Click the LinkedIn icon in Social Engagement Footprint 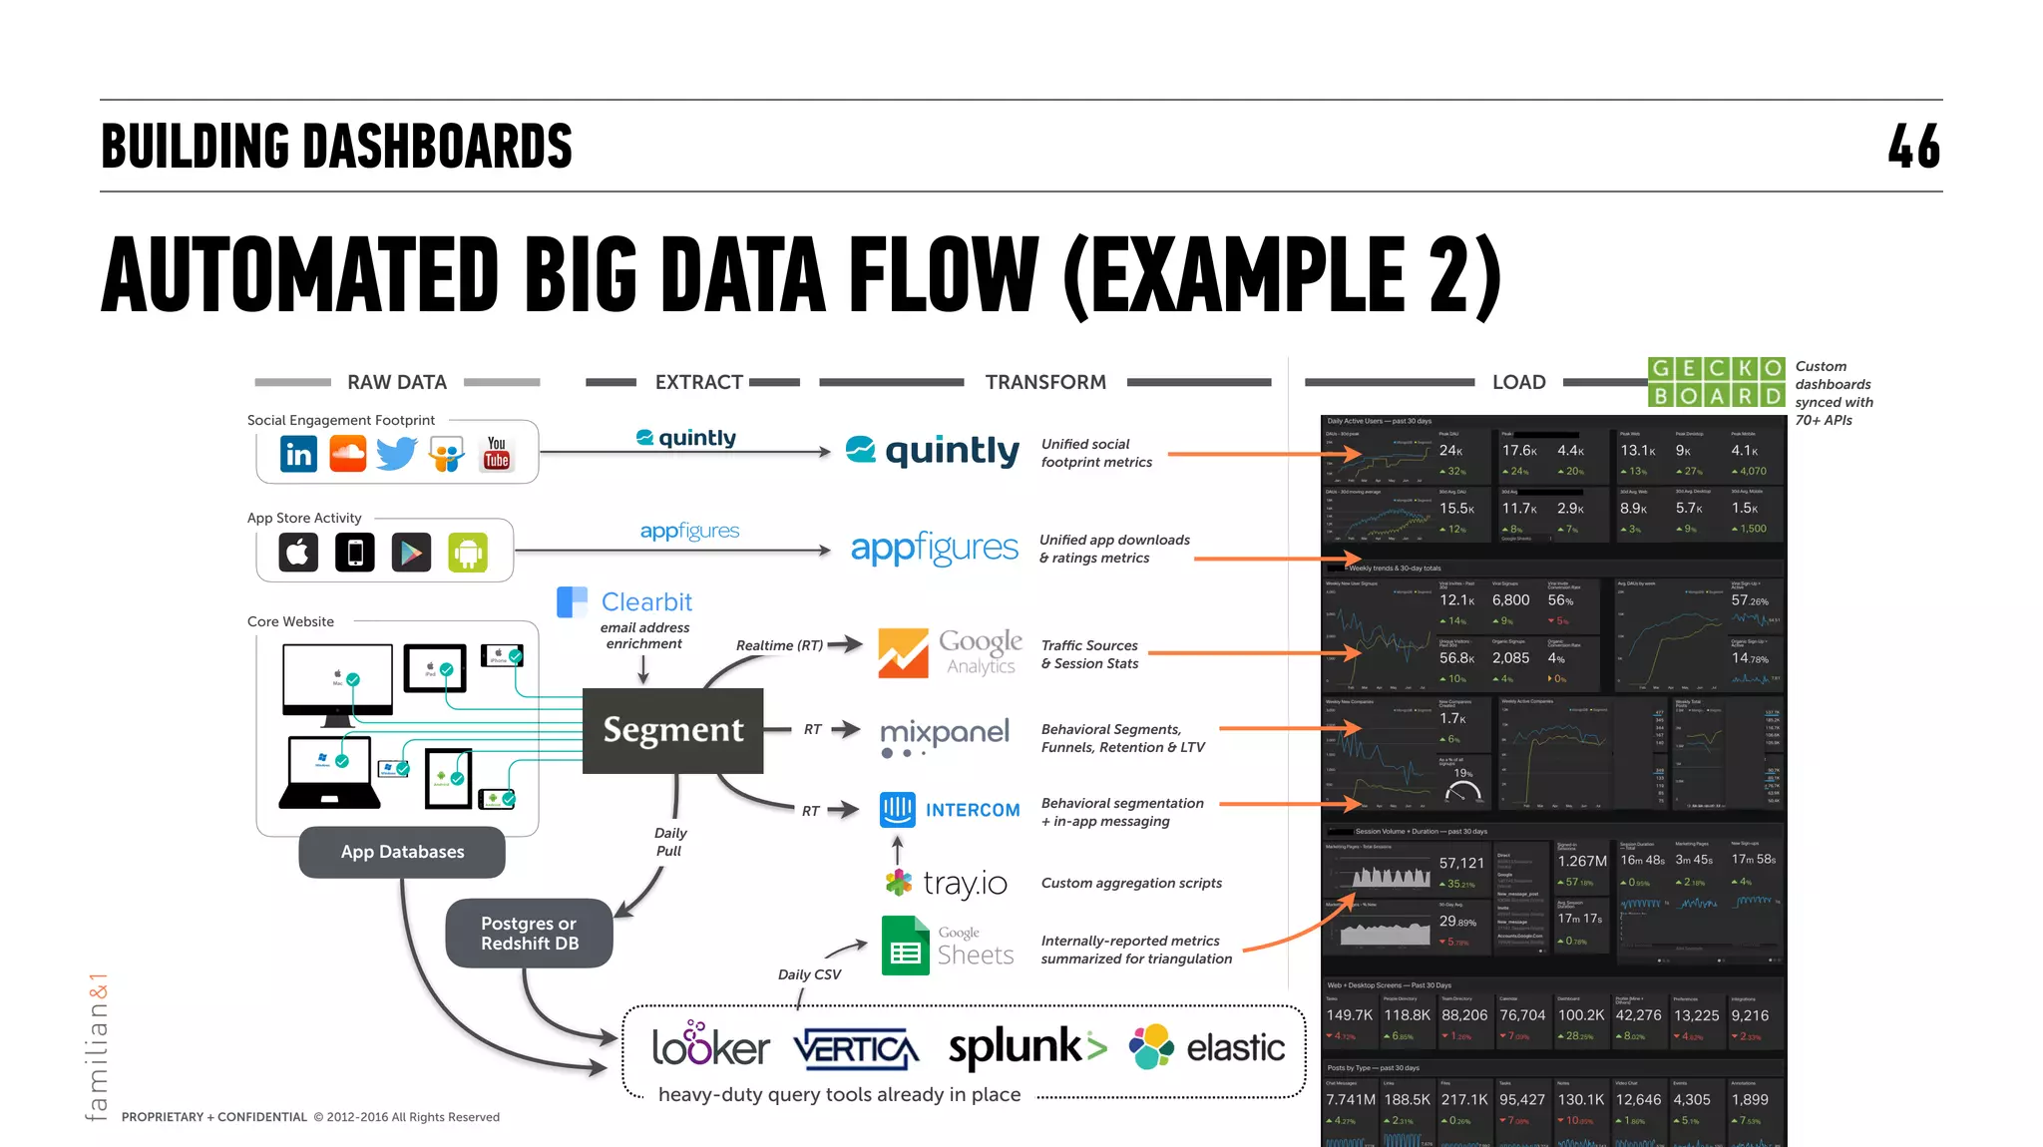[x=298, y=454]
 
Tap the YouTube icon [x=496, y=453]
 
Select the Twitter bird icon [x=397, y=454]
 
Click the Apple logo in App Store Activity [x=297, y=552]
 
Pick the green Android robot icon [x=468, y=553]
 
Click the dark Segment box [x=673, y=730]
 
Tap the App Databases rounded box [x=402, y=852]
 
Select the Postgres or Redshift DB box [x=529, y=934]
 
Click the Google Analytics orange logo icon [x=903, y=653]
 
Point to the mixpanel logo [x=944, y=736]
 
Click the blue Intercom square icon [x=898, y=809]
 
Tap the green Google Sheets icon [x=905, y=946]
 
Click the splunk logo [x=1026, y=1047]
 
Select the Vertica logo [x=856, y=1049]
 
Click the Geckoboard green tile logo [x=1716, y=382]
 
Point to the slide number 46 [x=1913, y=147]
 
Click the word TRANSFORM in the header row [x=1045, y=382]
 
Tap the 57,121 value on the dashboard [x=1461, y=863]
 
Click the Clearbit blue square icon [x=572, y=602]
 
